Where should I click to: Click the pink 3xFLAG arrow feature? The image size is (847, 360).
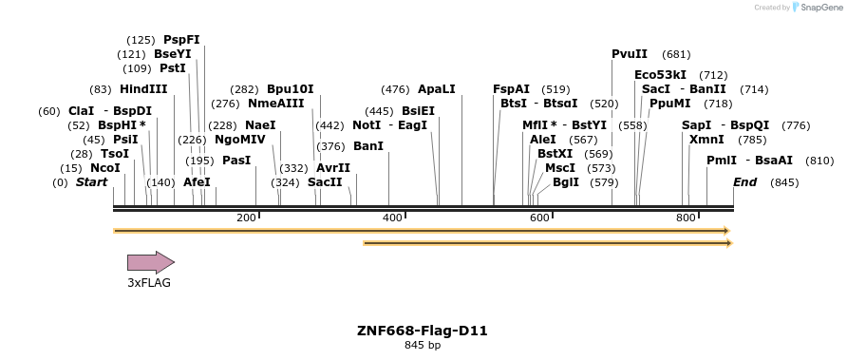pyautogui.click(x=150, y=262)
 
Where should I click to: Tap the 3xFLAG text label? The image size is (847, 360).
pyautogui.click(x=149, y=282)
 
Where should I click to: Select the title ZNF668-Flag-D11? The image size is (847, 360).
pyautogui.click(x=423, y=331)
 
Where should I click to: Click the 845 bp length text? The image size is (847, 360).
pyautogui.click(x=423, y=345)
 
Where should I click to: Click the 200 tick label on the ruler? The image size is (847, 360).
pyautogui.click(x=246, y=218)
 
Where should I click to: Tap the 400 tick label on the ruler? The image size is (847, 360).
pyautogui.click(x=392, y=218)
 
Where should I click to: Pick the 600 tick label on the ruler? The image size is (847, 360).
pyautogui.click(x=539, y=218)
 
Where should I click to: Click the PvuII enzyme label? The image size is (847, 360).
pyautogui.click(x=630, y=54)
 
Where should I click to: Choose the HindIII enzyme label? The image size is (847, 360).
pyautogui.click(x=143, y=89)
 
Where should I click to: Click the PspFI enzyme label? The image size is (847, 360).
pyautogui.click(x=181, y=40)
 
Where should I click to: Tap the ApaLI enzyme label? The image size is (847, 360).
pyautogui.click(x=437, y=89)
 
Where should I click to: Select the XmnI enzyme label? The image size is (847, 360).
pyautogui.click(x=706, y=140)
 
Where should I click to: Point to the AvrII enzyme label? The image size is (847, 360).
pyautogui.click(x=333, y=168)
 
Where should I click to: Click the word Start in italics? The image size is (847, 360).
pyautogui.click(x=92, y=181)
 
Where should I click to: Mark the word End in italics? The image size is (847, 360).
pyautogui.click(x=744, y=181)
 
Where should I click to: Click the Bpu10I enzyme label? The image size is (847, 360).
pyautogui.click(x=290, y=89)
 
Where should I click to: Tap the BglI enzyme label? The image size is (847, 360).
pyautogui.click(x=565, y=181)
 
